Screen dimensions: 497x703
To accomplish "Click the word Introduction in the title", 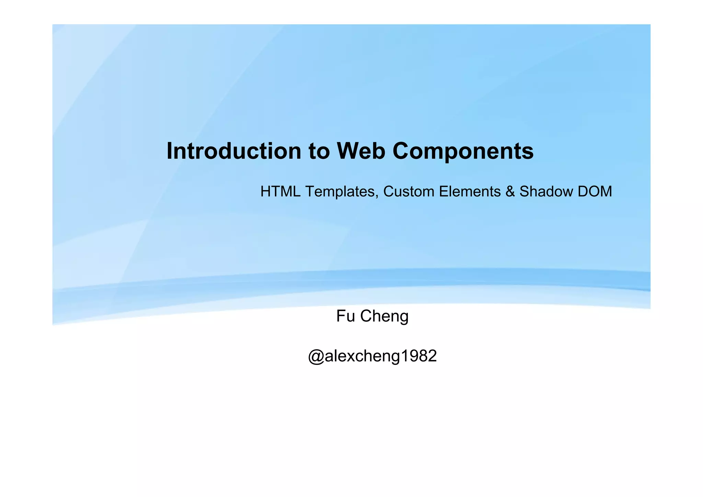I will [234, 151].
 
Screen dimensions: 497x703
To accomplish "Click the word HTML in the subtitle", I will [280, 192].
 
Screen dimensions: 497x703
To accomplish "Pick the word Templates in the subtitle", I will [341, 192].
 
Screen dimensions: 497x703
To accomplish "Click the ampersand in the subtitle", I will [510, 192].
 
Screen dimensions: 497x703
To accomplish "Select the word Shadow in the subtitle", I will [546, 192].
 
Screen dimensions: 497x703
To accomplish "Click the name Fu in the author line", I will [345, 316].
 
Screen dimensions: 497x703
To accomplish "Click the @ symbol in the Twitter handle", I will [316, 356].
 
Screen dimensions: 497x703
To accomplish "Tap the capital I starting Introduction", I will [169, 151].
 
